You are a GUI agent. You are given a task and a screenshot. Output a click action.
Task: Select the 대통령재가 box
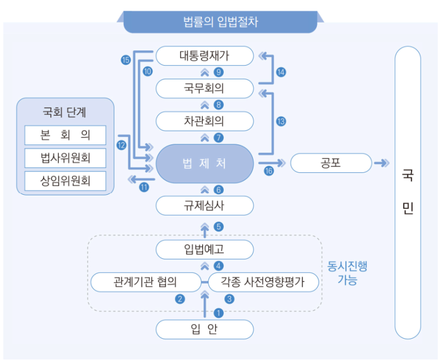[x=204, y=56]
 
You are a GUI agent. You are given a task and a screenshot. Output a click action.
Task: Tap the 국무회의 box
[x=204, y=89]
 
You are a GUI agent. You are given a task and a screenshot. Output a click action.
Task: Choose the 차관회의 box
[x=204, y=122]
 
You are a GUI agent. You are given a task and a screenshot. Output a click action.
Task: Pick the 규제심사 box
[x=204, y=206]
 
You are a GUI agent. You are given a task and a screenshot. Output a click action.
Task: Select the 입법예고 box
[x=204, y=249]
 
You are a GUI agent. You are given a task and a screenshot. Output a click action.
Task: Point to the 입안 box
[x=204, y=329]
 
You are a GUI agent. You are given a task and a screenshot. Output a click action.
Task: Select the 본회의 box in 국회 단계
[x=66, y=135]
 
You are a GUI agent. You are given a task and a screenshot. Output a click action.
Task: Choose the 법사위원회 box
[x=66, y=158]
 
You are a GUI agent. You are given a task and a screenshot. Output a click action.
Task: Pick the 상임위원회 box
[x=66, y=181]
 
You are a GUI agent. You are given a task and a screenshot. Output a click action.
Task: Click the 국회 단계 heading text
[x=65, y=111]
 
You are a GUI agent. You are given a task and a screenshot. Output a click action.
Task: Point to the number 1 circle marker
[x=219, y=313]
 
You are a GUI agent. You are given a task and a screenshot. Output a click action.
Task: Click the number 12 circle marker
[x=121, y=144]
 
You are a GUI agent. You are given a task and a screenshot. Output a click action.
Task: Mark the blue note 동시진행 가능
[x=347, y=273]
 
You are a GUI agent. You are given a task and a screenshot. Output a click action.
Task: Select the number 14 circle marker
[x=281, y=72]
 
